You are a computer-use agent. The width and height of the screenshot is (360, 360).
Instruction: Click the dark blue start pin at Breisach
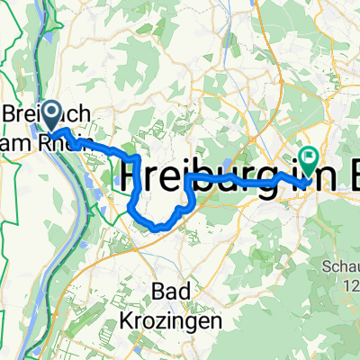coord(49,114)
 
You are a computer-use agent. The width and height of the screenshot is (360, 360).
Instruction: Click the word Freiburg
coord(193,172)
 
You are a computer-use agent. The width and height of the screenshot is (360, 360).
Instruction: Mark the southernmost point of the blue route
coord(158,229)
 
